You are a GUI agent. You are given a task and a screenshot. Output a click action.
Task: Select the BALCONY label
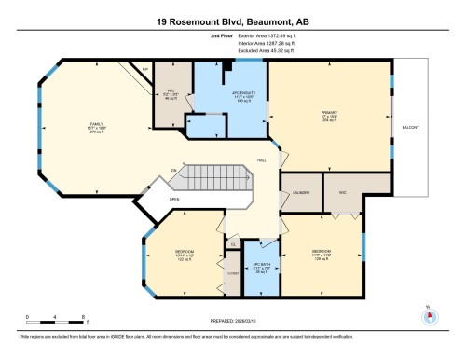pos(411,128)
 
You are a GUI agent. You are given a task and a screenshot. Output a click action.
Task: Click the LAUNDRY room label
pos(300,192)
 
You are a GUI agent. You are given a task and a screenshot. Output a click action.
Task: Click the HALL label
pos(264,160)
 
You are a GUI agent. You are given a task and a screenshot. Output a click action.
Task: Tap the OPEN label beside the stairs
pos(174,198)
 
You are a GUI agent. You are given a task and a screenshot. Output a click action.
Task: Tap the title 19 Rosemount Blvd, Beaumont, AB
pos(233,16)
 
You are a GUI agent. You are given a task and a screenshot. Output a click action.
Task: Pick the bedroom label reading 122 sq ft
pos(184,256)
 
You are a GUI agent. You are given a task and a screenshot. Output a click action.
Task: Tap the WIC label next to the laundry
pos(342,192)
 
